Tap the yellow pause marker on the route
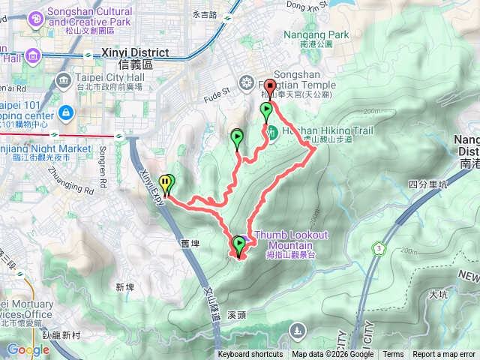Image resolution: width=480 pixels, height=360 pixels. click(164, 182)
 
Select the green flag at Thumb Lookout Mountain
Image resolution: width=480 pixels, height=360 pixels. click(239, 244)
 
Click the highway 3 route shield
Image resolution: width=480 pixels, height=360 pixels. click(380, 247)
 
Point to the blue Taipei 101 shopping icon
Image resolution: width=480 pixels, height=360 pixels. click(67, 112)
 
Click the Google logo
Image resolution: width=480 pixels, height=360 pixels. click(28, 349)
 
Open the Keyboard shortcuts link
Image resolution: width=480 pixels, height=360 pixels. click(250, 355)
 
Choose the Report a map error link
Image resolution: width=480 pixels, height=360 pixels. click(445, 355)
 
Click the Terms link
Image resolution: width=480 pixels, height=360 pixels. click(393, 355)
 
